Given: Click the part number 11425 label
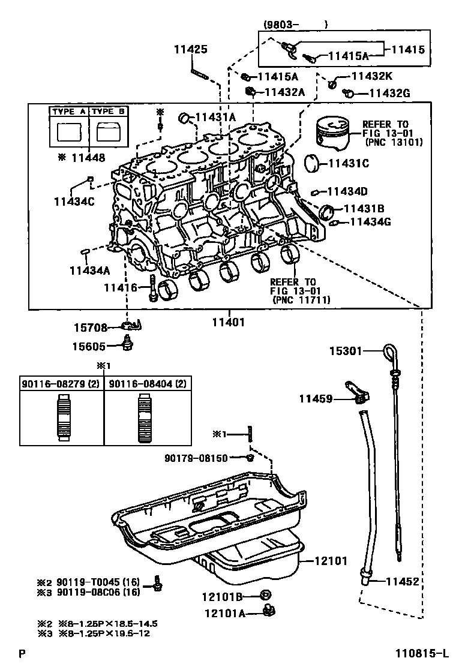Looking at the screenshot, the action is (x=191, y=49).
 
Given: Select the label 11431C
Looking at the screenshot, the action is (x=349, y=163).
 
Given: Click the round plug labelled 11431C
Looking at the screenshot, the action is (x=313, y=164).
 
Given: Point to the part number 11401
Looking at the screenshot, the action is (x=229, y=323).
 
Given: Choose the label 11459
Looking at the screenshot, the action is (x=316, y=399).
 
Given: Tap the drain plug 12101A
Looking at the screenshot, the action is (x=269, y=611).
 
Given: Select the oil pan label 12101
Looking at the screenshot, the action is (x=331, y=561).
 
